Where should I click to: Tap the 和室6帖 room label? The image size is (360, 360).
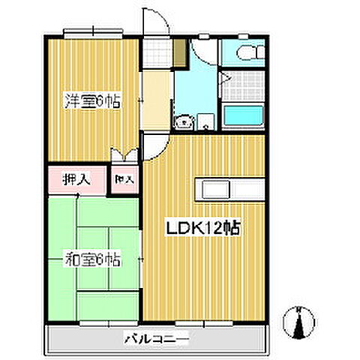[x=91, y=260]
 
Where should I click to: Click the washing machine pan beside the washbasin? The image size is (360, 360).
[x=205, y=122]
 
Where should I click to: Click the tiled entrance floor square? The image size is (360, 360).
[x=157, y=52]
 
